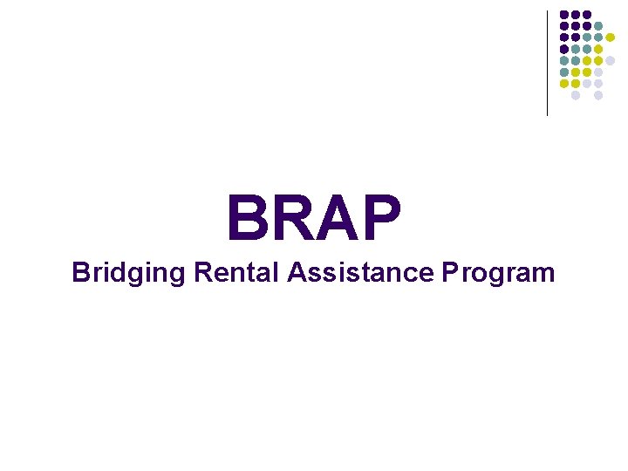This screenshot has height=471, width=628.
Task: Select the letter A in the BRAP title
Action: click(336, 220)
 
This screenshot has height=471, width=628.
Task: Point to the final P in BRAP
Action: click(381, 220)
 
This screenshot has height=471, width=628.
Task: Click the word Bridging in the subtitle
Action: click(129, 273)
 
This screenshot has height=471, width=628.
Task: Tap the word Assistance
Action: click(359, 272)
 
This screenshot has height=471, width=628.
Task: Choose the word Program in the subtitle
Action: click(498, 274)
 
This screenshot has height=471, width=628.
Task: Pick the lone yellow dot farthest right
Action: click(611, 37)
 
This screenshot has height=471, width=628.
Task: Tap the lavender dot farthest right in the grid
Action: click(611, 61)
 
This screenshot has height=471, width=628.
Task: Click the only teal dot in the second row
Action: click(598, 25)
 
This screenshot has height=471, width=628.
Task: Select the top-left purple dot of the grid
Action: click(564, 14)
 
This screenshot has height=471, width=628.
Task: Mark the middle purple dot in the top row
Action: click(576, 14)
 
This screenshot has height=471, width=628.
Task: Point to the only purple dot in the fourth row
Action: click(564, 49)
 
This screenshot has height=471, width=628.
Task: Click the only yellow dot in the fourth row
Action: click(598, 49)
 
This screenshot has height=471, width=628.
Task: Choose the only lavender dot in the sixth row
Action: click(598, 72)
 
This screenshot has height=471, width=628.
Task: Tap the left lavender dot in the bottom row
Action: click(576, 95)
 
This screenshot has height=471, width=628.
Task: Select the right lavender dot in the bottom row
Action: click(598, 95)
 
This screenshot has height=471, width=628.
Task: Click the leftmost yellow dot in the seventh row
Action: click(564, 84)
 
